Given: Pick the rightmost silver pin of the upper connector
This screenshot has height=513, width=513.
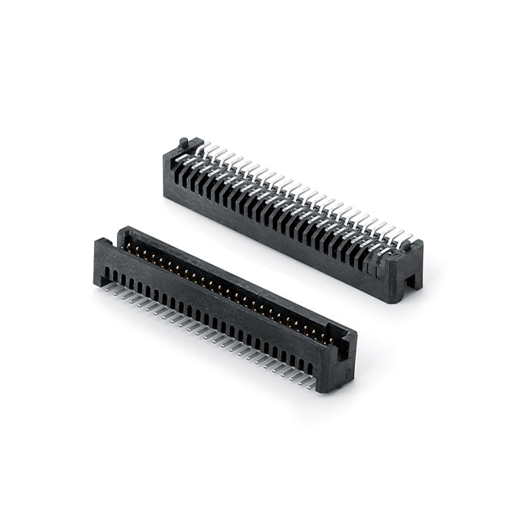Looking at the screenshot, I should [x=405, y=239].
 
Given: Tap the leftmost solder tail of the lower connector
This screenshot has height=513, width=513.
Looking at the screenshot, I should [x=106, y=287].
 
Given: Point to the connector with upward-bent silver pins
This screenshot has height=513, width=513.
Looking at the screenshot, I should [x=291, y=214].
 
